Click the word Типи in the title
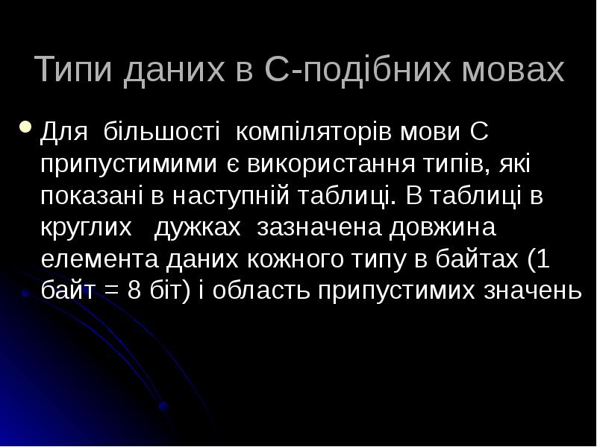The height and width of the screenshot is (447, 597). tap(69, 71)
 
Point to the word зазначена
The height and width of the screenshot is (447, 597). tap(313, 226)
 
